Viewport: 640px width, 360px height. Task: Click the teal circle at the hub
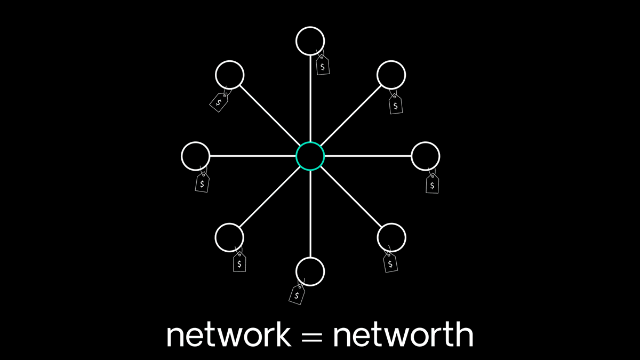pyautogui.click(x=310, y=156)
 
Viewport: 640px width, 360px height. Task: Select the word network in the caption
pyautogui.click(x=229, y=335)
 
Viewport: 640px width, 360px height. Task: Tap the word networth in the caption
pyautogui.click(x=403, y=335)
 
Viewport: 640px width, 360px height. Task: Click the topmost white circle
pyautogui.click(x=310, y=41)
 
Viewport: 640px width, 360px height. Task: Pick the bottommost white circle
pyautogui.click(x=310, y=271)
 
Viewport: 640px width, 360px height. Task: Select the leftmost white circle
pyautogui.click(x=196, y=156)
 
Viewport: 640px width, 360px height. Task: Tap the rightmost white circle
pyautogui.click(x=426, y=156)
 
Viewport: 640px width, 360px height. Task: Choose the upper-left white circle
pyautogui.click(x=229, y=75)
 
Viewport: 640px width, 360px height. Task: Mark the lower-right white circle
pyautogui.click(x=391, y=237)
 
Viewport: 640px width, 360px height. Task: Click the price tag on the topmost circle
pyautogui.click(x=323, y=66)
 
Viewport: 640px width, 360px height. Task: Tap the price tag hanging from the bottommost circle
pyautogui.click(x=297, y=294)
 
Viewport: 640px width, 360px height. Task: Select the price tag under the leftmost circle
pyautogui.click(x=202, y=182)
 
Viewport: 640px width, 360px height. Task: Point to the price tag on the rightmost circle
pyautogui.click(x=433, y=183)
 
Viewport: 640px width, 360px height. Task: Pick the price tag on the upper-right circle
pyautogui.click(x=395, y=104)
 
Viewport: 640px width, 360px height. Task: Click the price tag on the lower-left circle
pyautogui.click(x=239, y=262)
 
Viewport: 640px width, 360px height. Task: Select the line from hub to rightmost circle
pyautogui.click(x=368, y=156)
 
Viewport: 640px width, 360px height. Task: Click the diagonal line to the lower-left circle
pyautogui.click(x=270, y=197)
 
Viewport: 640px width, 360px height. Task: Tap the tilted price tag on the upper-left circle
pyautogui.click(x=219, y=101)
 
